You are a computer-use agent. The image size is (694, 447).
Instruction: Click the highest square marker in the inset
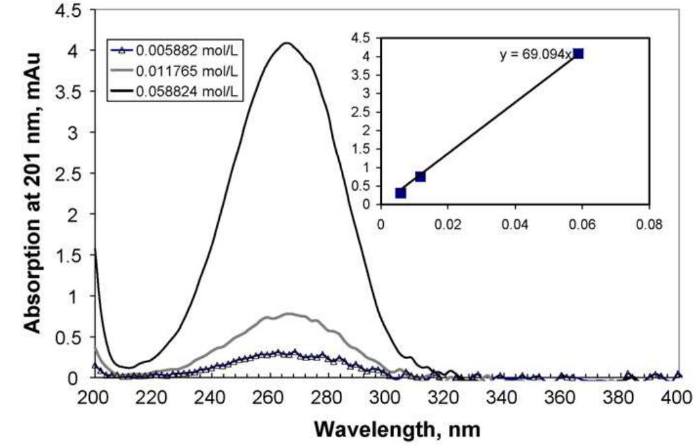click(578, 53)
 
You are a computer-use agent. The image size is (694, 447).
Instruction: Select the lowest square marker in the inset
click(401, 193)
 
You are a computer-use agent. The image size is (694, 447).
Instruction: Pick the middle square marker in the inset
click(420, 176)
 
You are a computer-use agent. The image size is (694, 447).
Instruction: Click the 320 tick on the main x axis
click(444, 397)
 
